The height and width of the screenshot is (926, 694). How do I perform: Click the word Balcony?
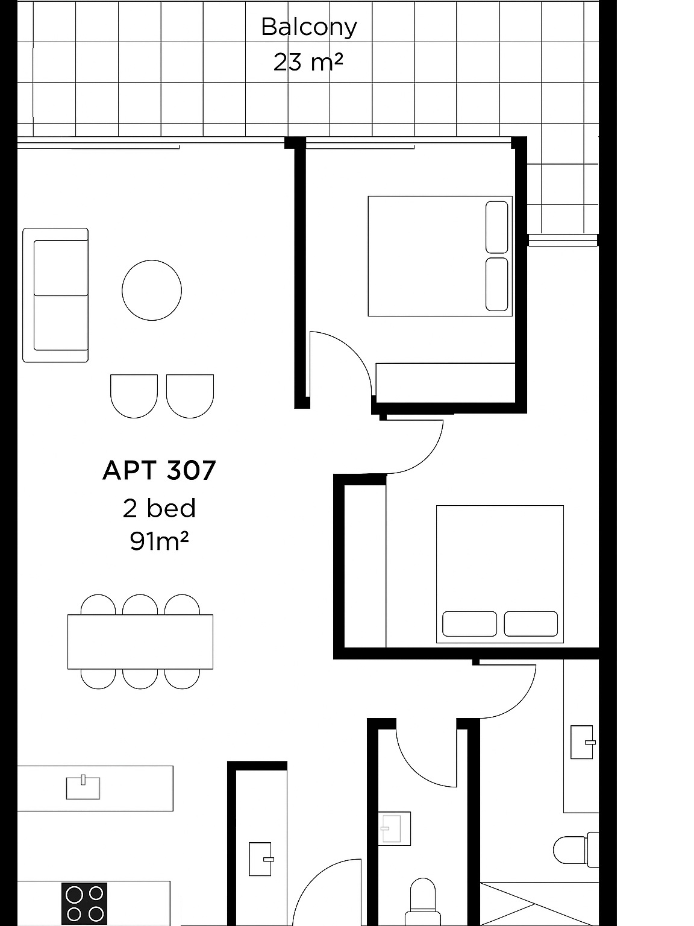tap(308, 27)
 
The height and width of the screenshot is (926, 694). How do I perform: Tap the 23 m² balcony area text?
tap(308, 61)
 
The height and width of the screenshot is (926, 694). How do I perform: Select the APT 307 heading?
tap(159, 470)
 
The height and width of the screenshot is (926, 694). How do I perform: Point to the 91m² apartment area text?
tap(159, 541)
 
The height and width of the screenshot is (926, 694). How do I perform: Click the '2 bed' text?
tap(159, 508)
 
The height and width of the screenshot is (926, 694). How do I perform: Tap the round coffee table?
tap(152, 290)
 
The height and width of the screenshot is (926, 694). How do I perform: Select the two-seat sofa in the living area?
tap(55, 295)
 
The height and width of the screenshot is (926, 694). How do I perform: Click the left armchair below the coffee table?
tap(134, 395)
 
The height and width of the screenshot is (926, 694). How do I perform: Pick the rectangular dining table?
tap(140, 641)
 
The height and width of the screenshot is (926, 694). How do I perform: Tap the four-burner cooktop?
tap(84, 902)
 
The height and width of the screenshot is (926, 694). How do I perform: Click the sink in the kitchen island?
tap(83, 787)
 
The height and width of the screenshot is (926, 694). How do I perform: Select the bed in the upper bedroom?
tap(440, 256)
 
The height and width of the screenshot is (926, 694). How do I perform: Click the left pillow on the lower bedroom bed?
tap(469, 624)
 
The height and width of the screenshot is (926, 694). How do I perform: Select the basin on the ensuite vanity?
tap(582, 742)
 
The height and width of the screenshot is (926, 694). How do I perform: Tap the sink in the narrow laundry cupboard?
tap(260, 858)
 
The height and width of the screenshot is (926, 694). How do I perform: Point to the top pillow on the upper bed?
tap(496, 227)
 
